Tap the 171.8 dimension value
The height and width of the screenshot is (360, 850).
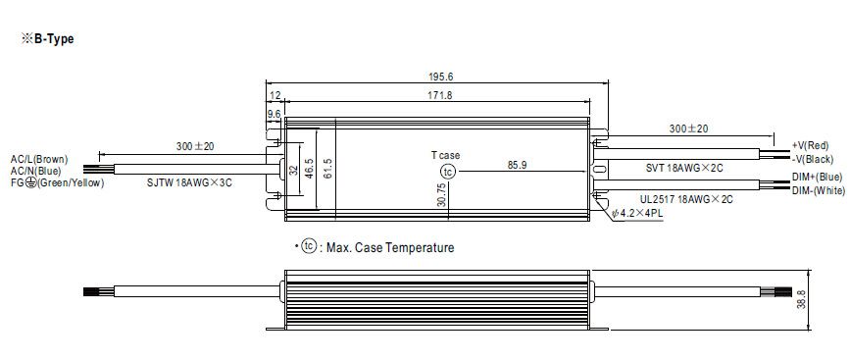pos(439,95)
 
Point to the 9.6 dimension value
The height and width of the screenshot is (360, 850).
pos(275,114)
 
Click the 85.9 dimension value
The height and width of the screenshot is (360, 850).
pos(517,166)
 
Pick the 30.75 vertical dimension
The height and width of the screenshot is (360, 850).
pos(441,194)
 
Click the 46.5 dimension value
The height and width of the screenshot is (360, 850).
pos(309,169)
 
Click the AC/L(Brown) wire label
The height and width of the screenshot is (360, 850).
pos(39,159)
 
